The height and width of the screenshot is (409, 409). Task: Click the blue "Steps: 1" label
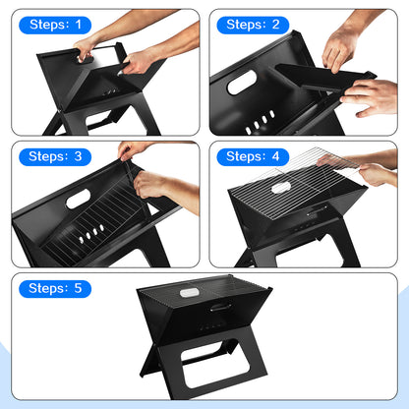tap(55, 25)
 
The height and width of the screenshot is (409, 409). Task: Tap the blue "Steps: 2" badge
tap(253, 25)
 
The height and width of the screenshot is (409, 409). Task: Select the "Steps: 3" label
tap(55, 156)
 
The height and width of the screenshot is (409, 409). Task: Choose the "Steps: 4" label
tap(253, 156)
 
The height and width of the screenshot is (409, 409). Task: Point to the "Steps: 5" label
tap(55, 289)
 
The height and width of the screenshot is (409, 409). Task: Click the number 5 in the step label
tap(78, 288)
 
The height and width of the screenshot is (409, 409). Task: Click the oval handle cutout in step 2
tap(242, 83)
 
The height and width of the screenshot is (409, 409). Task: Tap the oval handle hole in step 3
tap(79, 199)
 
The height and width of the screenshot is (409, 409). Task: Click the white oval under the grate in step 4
tap(281, 188)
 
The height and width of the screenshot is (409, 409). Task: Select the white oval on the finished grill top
tap(189, 292)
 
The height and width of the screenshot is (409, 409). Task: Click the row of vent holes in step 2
tap(260, 123)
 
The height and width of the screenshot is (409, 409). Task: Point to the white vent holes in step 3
tap(91, 233)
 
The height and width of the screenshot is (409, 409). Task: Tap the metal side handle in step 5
tap(220, 308)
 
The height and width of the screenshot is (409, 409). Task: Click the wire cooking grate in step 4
tap(295, 184)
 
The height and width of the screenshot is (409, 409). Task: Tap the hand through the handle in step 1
tap(85, 50)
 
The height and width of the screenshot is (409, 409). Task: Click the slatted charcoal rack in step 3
tap(95, 223)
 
